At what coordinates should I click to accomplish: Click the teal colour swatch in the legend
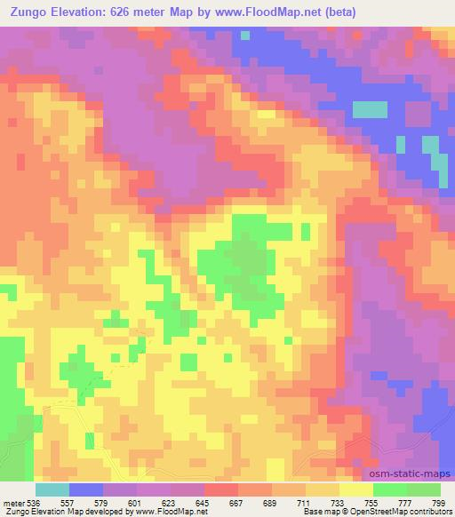click(52, 489)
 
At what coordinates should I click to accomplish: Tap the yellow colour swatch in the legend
click(356, 489)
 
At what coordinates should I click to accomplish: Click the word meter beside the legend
click(12, 503)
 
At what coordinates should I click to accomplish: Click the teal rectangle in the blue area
click(371, 109)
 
